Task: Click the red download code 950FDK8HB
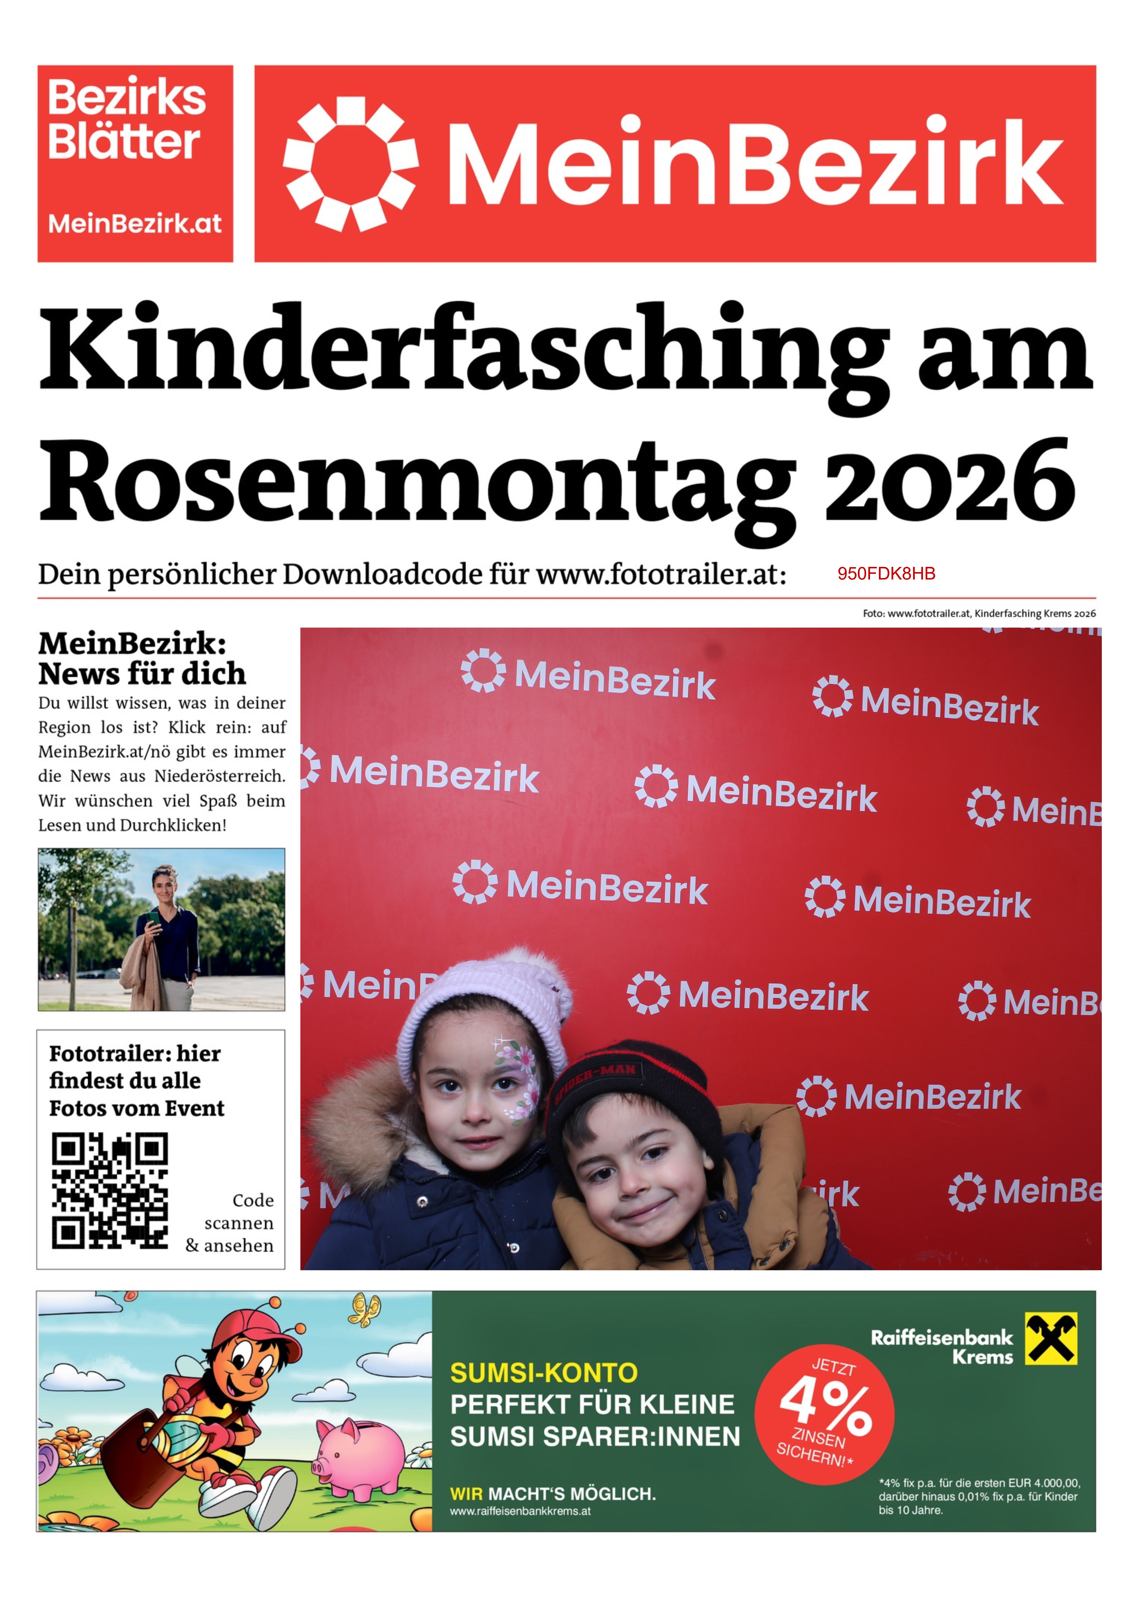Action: (x=886, y=574)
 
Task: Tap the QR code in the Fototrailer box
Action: (x=110, y=1190)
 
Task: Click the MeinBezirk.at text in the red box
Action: (x=134, y=224)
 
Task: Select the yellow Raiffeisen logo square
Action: (x=1050, y=1339)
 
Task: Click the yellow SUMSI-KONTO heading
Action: (x=543, y=1372)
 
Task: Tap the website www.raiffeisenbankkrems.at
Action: (x=520, y=1511)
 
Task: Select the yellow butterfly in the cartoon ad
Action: (x=365, y=1309)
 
